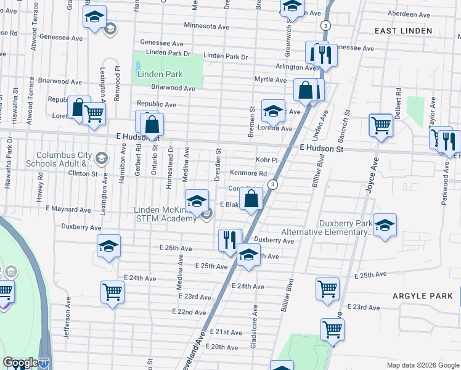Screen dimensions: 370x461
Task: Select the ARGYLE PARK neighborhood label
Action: pyautogui.click(x=423, y=296)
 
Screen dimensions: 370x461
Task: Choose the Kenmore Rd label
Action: pyautogui.click(x=248, y=174)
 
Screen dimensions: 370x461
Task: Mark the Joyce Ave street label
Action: pyautogui.click(x=371, y=175)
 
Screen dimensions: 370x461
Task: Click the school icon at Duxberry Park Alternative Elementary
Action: pyautogui.click(x=385, y=226)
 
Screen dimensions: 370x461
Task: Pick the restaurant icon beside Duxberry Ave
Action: pyautogui.click(x=229, y=238)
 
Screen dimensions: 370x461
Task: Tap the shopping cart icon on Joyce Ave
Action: pyautogui.click(x=381, y=125)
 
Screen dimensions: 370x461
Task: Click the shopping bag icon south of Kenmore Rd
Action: pyautogui.click(x=251, y=199)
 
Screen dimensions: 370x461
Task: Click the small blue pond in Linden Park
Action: pyautogui.click(x=137, y=65)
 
